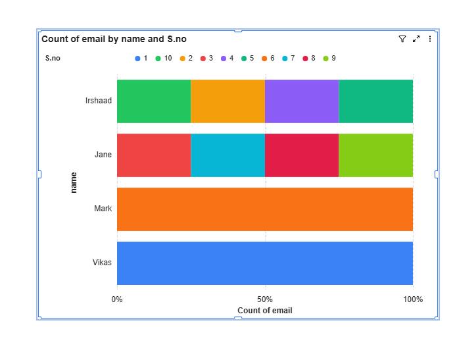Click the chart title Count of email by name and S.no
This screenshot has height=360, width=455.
click(x=114, y=39)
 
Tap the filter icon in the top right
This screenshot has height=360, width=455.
click(x=402, y=39)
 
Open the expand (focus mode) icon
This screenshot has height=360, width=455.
click(x=416, y=39)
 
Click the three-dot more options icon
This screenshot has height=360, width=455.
click(x=430, y=39)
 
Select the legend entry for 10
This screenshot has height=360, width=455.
click(x=164, y=59)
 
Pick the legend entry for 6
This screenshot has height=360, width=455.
click(x=268, y=59)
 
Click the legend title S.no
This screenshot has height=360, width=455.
click(x=53, y=59)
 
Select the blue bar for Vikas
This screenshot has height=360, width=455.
click(x=265, y=263)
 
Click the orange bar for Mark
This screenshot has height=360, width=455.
click(x=265, y=209)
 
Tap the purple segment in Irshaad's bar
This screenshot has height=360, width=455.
click(x=302, y=101)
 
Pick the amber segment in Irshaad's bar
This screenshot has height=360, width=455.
click(x=228, y=101)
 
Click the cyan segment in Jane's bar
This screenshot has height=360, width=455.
click(x=228, y=155)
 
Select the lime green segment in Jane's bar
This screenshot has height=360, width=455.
click(x=375, y=155)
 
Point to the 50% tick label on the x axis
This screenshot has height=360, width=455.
click(x=265, y=299)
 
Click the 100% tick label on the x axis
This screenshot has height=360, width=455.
click(x=413, y=299)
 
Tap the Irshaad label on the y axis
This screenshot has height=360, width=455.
click(x=99, y=101)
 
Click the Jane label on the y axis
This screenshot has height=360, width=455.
click(x=103, y=155)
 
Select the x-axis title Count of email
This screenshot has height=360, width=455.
click(x=265, y=311)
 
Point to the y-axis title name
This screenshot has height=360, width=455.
click(x=74, y=182)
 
